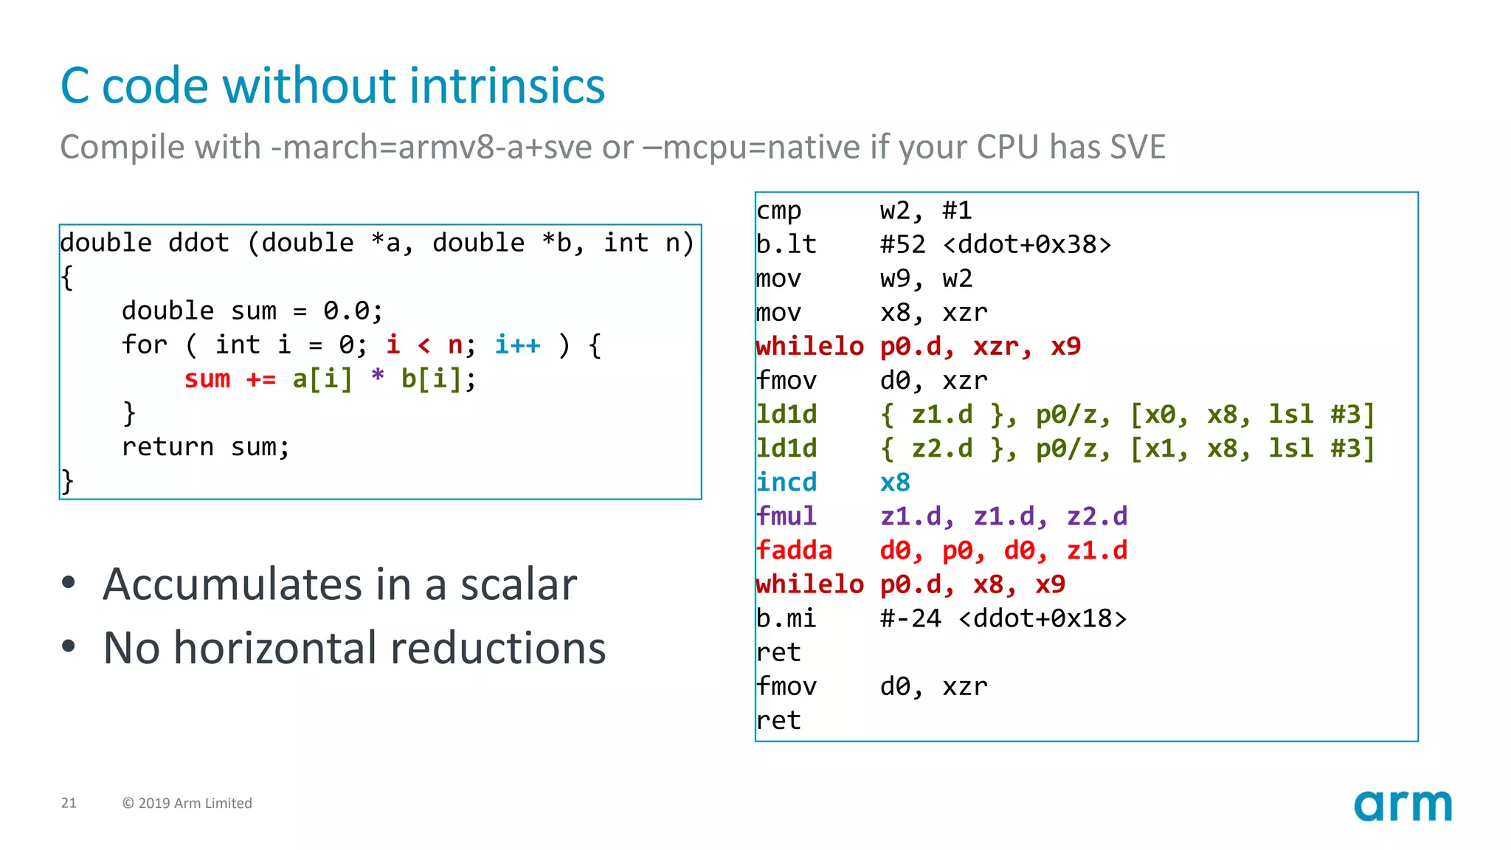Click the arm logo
coord(1402,806)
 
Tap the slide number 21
coord(69,803)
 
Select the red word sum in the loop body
coord(207,379)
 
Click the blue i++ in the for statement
coord(517,345)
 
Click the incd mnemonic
coord(786,483)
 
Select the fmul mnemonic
coord(786,516)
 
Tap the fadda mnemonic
coord(794,550)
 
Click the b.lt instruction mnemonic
coord(786,244)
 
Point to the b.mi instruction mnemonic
coord(786,618)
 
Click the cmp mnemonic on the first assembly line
coord(778,211)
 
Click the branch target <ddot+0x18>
coord(1042,618)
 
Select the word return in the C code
coord(167,447)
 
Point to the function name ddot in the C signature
coord(198,243)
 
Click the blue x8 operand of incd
coord(895,483)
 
